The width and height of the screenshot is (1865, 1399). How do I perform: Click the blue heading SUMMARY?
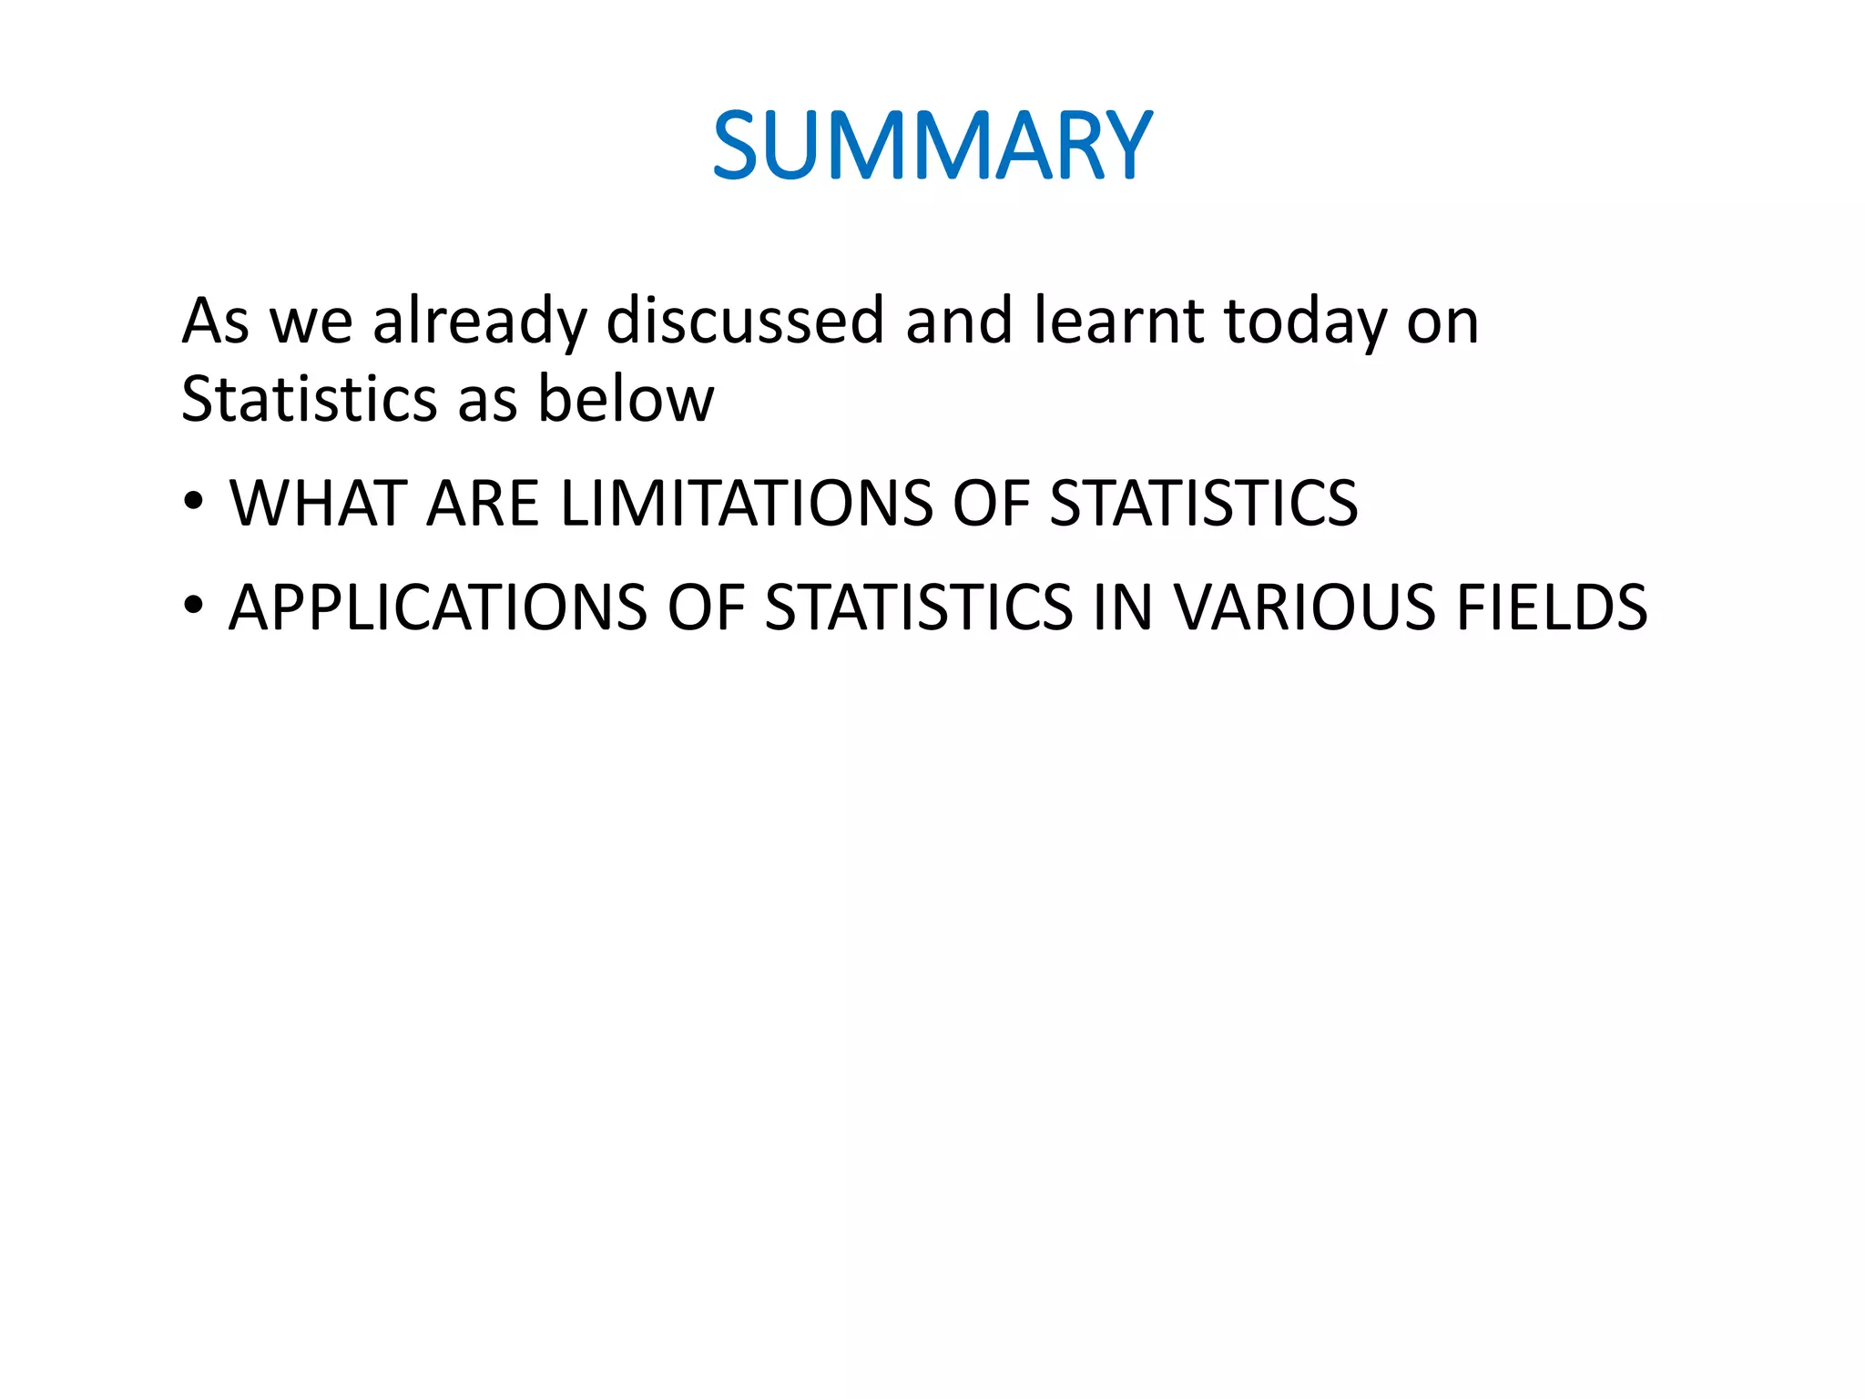click(x=932, y=146)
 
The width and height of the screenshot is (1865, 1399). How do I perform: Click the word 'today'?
click(x=1305, y=322)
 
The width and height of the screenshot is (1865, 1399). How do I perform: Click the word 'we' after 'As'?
click(x=311, y=322)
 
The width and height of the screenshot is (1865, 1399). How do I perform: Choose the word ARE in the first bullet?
click(x=483, y=503)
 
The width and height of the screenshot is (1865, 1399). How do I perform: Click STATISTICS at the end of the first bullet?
click(x=1203, y=503)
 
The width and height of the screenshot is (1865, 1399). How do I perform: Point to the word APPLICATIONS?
click(x=437, y=607)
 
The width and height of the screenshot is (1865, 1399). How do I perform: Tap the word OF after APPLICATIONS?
click(x=706, y=607)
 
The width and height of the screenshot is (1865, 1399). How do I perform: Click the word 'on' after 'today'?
click(x=1442, y=322)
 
